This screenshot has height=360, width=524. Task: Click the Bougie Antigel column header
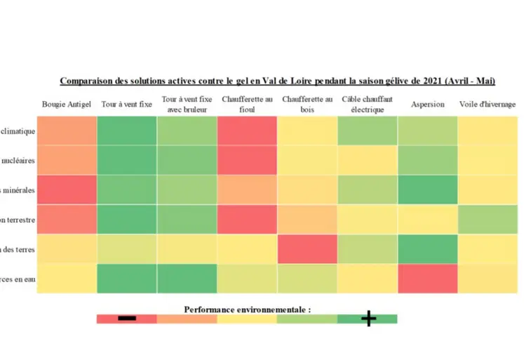tap(67, 105)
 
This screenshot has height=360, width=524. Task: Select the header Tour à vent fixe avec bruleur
tap(187, 105)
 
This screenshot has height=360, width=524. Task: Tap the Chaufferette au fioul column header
tap(247, 105)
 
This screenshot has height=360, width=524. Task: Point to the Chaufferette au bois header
tap(307, 105)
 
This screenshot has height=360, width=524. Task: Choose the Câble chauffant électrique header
tap(367, 105)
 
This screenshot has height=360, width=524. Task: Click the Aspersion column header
tap(427, 105)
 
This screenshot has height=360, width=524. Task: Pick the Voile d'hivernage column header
tap(488, 105)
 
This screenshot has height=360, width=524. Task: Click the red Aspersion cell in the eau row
tap(427, 279)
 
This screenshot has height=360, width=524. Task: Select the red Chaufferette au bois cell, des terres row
tap(307, 249)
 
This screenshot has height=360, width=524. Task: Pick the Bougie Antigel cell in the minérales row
tap(67, 189)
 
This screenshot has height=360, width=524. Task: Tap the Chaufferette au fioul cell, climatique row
tap(247, 131)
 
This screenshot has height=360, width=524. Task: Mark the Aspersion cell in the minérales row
tap(427, 189)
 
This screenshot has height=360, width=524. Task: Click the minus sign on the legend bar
tap(127, 319)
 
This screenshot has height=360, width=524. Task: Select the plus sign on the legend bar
tap(368, 319)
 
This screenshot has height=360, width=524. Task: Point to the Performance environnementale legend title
tap(247, 309)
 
